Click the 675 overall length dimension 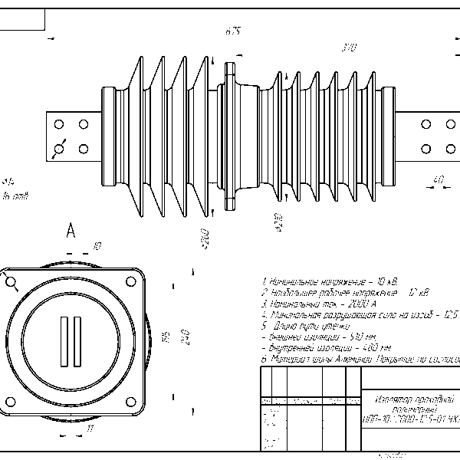pos(233,31)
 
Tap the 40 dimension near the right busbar pos(439,180)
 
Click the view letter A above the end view pos(71,230)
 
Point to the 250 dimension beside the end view pos(183,337)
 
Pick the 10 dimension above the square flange pos(97,246)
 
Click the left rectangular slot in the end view pos(64,340)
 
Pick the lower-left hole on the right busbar pos(427,148)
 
